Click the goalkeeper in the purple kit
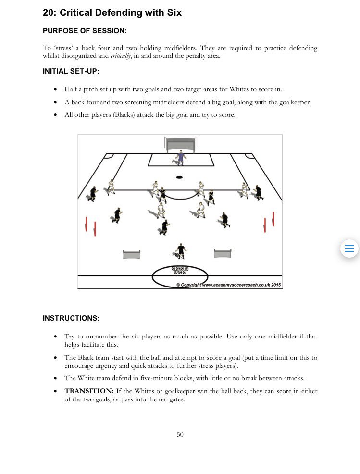[x=181, y=158]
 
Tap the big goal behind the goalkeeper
[x=180, y=144]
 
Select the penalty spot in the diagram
[x=179, y=177]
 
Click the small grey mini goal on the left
[x=131, y=254]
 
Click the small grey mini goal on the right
[x=223, y=253]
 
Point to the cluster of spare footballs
[x=180, y=271]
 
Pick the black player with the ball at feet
[x=180, y=251]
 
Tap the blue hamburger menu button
[x=349, y=249]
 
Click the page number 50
[x=180, y=434]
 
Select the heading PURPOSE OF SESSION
[x=85, y=31]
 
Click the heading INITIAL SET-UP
[x=71, y=71]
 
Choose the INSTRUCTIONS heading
[x=71, y=318]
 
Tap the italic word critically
[x=120, y=56]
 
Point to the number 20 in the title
[x=48, y=13]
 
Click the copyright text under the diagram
[x=228, y=285]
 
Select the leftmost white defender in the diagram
[x=111, y=187]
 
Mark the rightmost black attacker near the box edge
[x=259, y=192]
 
